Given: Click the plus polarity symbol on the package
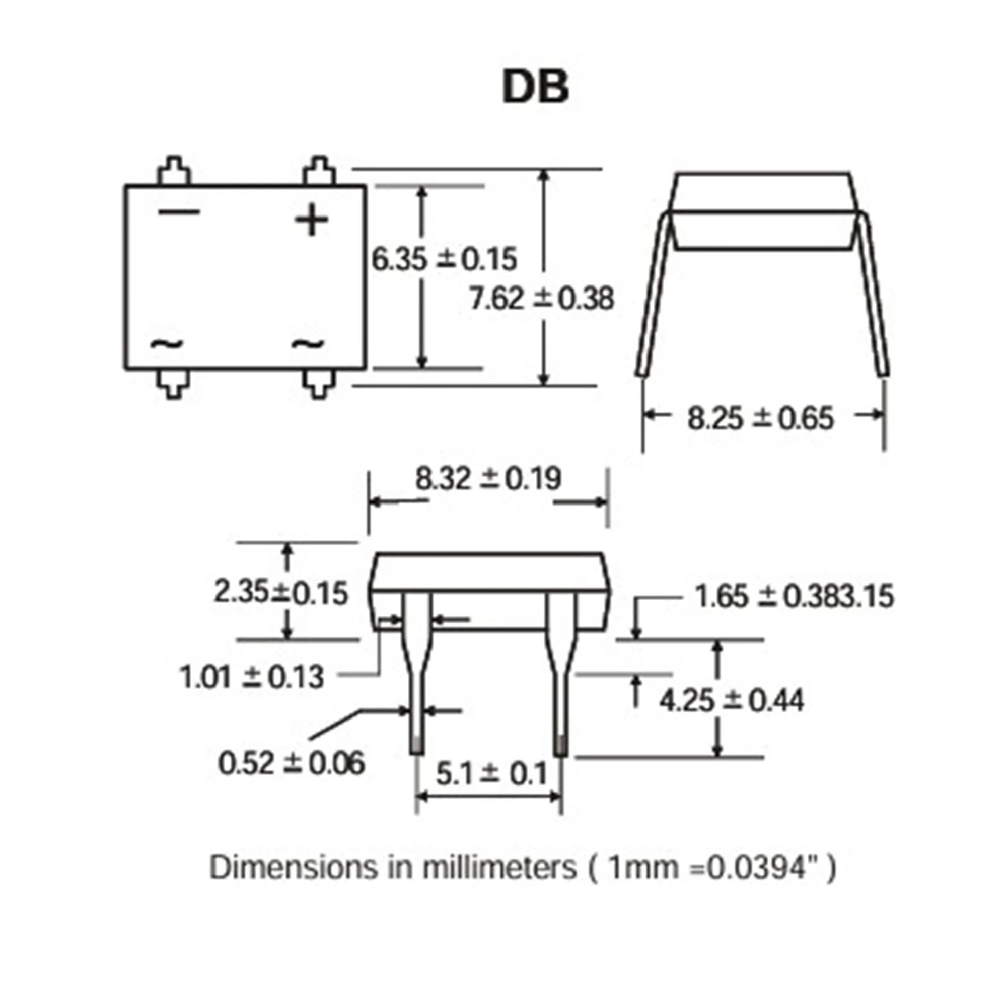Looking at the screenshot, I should (311, 220).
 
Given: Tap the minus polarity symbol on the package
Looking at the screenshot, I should (179, 211).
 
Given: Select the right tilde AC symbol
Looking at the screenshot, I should (307, 343).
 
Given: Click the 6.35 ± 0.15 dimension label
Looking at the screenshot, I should (444, 259).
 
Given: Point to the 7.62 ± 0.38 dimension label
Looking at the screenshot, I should (542, 299).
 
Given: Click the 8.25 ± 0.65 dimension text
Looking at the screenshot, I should (760, 418).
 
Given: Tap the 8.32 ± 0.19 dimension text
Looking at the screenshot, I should (488, 478).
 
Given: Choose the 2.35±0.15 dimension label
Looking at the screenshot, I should (280, 593).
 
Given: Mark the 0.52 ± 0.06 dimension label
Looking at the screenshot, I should (292, 764).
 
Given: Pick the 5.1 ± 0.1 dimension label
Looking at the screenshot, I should (491, 774).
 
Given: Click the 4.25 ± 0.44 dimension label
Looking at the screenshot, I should (731, 700).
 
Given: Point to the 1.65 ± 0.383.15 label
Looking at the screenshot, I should (794, 596).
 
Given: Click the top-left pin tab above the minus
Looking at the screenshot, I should (174, 171).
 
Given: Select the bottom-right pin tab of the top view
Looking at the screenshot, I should (319, 384).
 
